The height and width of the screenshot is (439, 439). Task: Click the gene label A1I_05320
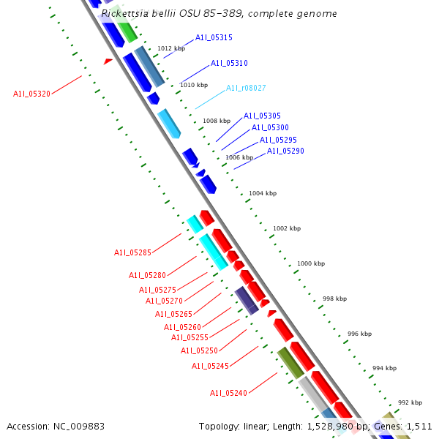(x=31, y=94)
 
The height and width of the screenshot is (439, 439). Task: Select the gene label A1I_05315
(x=214, y=38)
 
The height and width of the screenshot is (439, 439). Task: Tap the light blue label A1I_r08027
(x=246, y=88)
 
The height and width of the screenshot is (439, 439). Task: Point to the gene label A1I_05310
(x=229, y=64)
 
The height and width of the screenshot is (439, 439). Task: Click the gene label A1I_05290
(x=285, y=151)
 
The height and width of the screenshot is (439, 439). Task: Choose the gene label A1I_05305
(x=262, y=116)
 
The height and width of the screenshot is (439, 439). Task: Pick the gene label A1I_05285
(x=132, y=253)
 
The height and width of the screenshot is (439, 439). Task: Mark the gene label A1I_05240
(x=229, y=394)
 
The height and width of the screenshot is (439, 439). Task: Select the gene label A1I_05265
(x=173, y=315)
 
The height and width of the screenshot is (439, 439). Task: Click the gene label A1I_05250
(x=199, y=351)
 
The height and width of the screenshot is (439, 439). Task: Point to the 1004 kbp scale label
(x=263, y=194)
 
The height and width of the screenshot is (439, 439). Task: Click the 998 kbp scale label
(x=334, y=299)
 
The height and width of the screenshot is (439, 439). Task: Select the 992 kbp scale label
(x=410, y=403)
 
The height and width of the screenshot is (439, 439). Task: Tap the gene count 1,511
(x=417, y=426)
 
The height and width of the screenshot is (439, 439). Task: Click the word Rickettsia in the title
(x=124, y=13)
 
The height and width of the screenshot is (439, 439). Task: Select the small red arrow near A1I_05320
(x=108, y=61)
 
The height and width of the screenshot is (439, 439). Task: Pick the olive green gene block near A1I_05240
(x=290, y=363)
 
